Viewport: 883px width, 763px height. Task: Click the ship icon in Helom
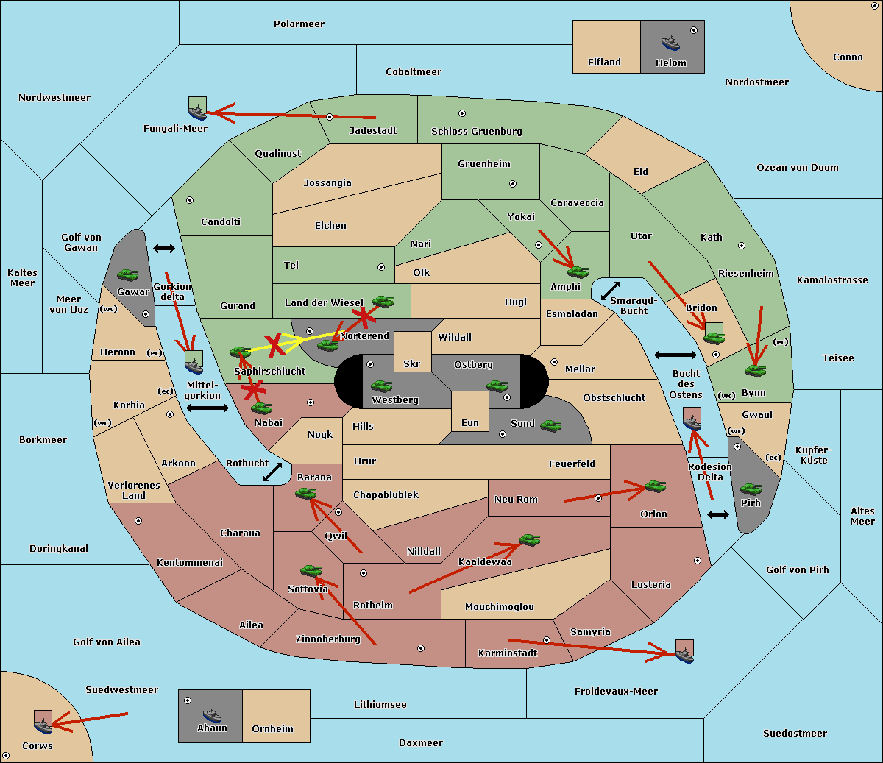pyautogui.click(x=670, y=43)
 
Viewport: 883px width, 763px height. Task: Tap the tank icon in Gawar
pyautogui.click(x=128, y=274)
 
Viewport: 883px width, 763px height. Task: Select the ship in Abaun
pyautogui.click(x=213, y=714)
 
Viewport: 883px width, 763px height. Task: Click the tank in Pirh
pyautogui.click(x=751, y=489)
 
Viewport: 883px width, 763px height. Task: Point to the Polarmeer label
pyautogui.click(x=299, y=24)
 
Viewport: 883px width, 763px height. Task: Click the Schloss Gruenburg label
pyautogui.click(x=477, y=131)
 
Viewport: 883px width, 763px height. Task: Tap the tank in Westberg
pyautogui.click(x=381, y=386)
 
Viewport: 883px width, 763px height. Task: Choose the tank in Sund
pyautogui.click(x=550, y=425)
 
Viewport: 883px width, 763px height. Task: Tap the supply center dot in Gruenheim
pyautogui.click(x=513, y=184)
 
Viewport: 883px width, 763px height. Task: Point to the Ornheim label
pyautogui.click(x=272, y=729)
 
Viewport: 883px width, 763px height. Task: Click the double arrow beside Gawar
pyautogui.click(x=164, y=248)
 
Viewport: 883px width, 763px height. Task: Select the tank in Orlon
pyautogui.click(x=655, y=486)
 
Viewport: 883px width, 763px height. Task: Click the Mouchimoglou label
pyautogui.click(x=500, y=606)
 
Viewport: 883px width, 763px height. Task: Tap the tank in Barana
pyautogui.click(x=305, y=494)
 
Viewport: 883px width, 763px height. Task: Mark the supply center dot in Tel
pyautogui.click(x=381, y=267)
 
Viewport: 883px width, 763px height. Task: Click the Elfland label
pyautogui.click(x=604, y=63)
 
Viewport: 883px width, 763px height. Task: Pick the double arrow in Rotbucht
pyautogui.click(x=272, y=472)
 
